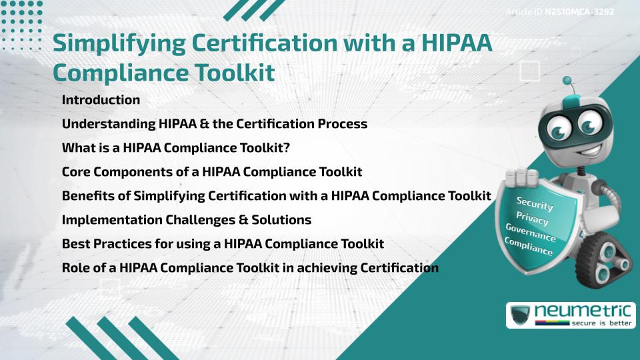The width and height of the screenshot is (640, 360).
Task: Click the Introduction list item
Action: (101, 100)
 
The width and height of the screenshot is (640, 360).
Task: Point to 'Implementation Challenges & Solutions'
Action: (187, 219)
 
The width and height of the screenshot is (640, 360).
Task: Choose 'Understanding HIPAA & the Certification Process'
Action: (215, 124)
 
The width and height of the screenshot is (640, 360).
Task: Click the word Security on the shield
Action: (535, 205)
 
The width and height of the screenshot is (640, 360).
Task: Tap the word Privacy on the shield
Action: (532, 219)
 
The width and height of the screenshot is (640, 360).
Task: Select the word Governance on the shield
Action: (531, 234)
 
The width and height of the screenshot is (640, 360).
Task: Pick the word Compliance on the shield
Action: (529, 247)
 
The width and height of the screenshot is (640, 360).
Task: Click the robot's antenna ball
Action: (567, 81)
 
